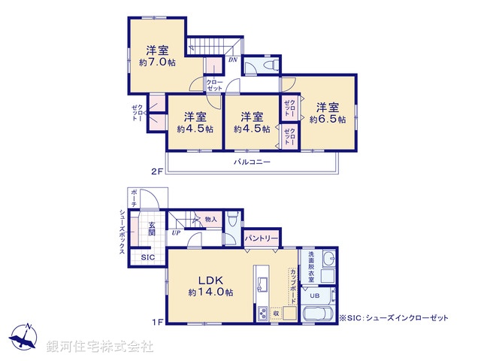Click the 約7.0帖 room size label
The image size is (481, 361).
(157, 62)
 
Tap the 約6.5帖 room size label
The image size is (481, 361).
(328, 120)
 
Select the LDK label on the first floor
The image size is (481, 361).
(210, 280)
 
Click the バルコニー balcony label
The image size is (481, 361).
(253, 162)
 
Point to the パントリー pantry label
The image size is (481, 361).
(262, 238)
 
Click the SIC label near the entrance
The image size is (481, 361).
(148, 257)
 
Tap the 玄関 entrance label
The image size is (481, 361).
(152, 229)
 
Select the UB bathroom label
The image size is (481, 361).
(314, 296)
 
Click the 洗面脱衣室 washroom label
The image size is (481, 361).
(311, 267)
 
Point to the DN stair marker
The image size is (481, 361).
(233, 60)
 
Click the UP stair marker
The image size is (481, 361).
(176, 233)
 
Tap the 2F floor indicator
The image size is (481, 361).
(156, 171)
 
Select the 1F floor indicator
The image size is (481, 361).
(156, 322)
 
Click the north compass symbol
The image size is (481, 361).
(23, 336)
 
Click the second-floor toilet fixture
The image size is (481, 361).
(271, 65)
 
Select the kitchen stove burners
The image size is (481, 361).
(262, 314)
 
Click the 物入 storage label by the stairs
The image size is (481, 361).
(210, 219)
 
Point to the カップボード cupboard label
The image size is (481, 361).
(293, 286)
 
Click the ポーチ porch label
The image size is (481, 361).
(134, 198)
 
